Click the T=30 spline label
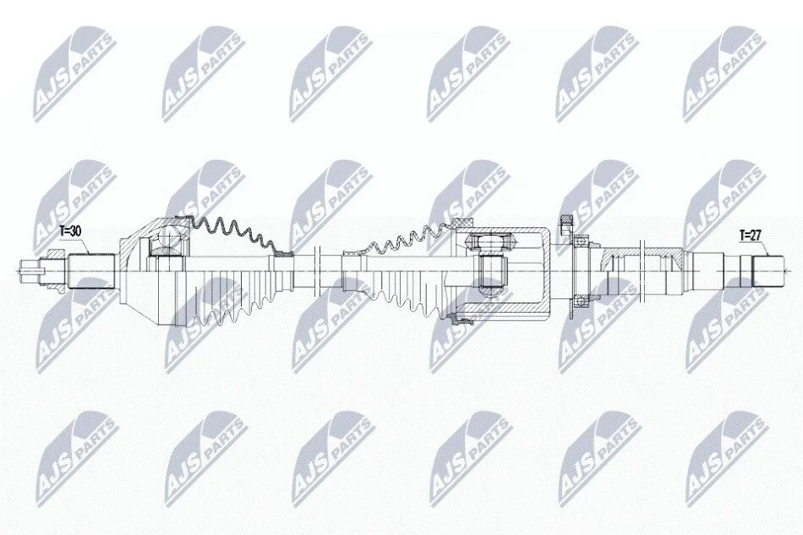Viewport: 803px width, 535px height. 69,232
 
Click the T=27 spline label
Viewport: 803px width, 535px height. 751,236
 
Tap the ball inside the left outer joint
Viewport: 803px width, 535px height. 168,237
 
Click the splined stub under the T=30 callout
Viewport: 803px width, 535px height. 90,271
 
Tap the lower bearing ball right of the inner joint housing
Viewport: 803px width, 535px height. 579,302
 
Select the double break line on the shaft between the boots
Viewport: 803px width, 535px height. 315,270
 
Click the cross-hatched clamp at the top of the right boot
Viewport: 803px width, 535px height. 462,222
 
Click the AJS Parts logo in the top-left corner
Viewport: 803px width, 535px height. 74,75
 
